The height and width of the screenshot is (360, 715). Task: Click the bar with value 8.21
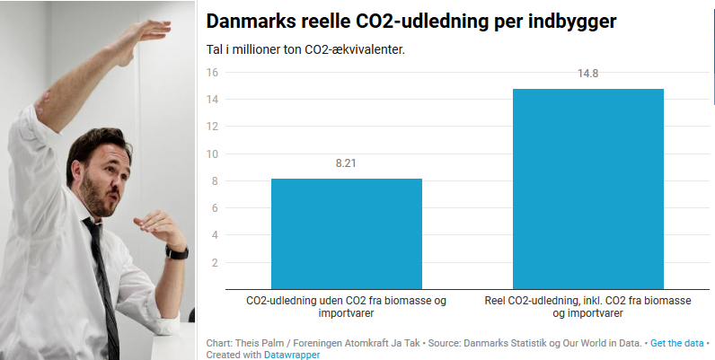tap(346, 233)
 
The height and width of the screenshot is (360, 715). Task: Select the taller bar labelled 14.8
tap(587, 189)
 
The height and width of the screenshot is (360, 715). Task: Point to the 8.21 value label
tap(346, 163)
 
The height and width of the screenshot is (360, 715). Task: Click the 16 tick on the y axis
tap(213, 73)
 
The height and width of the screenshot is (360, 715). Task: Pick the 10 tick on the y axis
tap(213, 154)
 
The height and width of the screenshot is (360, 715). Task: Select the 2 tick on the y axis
tap(216, 263)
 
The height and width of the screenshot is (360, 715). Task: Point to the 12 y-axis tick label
tap(213, 127)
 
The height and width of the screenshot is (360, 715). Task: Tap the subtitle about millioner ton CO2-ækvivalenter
tap(305, 49)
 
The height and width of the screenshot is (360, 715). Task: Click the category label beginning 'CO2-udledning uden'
tap(346, 307)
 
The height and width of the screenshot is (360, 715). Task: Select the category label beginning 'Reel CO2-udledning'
tap(587, 307)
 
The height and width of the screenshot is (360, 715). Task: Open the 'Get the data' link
tap(676, 343)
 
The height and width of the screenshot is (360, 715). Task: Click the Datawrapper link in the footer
tap(292, 355)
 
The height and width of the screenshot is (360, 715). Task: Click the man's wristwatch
tap(177, 252)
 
